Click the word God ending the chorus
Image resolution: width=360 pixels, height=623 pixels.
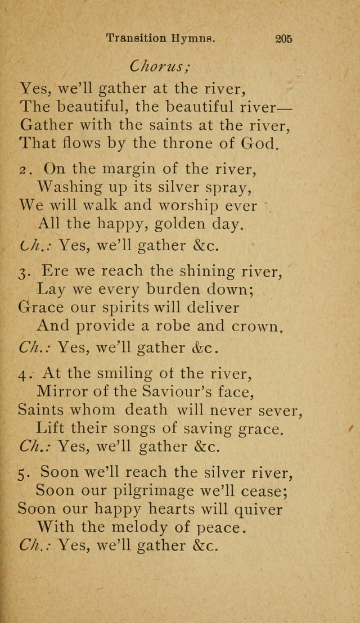(x=259, y=143)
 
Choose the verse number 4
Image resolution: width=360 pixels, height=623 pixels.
(x=23, y=373)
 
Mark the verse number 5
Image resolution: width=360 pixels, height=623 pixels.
(x=23, y=473)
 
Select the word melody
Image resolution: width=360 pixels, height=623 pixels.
(x=149, y=528)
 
